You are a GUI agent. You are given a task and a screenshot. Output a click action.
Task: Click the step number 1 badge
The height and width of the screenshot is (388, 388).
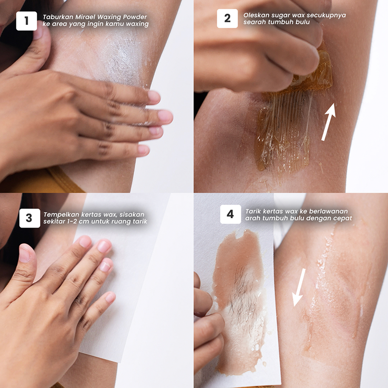(x=27, y=21)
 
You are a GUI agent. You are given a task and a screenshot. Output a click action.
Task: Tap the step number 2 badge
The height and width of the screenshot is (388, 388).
(x=227, y=18)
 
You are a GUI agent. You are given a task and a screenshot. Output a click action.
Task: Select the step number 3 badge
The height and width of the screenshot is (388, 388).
(x=30, y=218)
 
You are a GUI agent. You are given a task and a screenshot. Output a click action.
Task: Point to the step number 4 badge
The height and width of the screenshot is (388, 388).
(x=230, y=214)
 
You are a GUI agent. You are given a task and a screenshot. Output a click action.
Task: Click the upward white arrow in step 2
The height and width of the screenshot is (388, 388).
(x=329, y=122)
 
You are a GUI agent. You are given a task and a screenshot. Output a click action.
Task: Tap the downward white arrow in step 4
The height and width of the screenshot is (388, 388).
(x=299, y=287)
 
